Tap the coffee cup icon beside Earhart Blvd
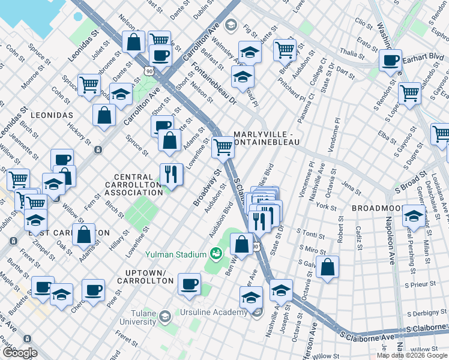[x=391, y=61]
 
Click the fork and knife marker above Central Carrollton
[x=171, y=175]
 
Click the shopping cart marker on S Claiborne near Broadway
[x=223, y=146]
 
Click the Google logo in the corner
[x=20, y=353]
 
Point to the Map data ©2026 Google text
[x=412, y=355]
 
